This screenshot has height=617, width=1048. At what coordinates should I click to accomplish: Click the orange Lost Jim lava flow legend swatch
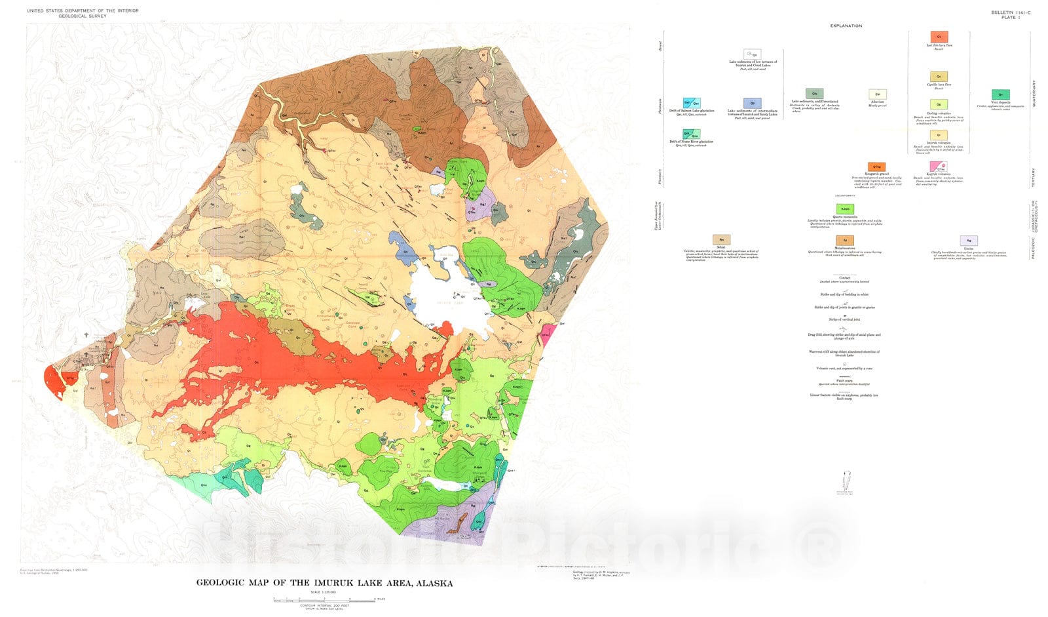939,37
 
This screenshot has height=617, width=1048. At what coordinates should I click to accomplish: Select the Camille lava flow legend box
939,77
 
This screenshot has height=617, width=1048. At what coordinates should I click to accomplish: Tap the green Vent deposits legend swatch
1000,94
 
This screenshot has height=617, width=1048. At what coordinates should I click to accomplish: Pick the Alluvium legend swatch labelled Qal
877,94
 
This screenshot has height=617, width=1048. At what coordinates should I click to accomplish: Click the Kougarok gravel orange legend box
876,167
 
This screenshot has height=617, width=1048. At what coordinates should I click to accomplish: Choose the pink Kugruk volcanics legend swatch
938,167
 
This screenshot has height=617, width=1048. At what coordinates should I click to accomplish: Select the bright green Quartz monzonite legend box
845,209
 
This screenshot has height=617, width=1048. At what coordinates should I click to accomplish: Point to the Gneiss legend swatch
968,241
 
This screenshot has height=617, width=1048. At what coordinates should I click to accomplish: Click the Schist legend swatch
721,240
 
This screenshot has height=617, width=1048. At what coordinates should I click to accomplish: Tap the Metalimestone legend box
844,241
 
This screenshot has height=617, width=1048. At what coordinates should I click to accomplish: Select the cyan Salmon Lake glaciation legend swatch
692,103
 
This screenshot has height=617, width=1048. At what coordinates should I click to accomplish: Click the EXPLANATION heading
846,26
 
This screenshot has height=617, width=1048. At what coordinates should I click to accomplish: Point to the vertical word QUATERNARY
1034,94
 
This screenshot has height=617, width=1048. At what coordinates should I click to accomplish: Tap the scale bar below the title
324,599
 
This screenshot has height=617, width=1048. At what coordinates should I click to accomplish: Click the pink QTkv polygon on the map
547,334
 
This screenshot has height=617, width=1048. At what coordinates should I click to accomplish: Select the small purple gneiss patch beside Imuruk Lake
487,284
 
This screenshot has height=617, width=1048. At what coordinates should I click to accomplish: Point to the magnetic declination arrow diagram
845,482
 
